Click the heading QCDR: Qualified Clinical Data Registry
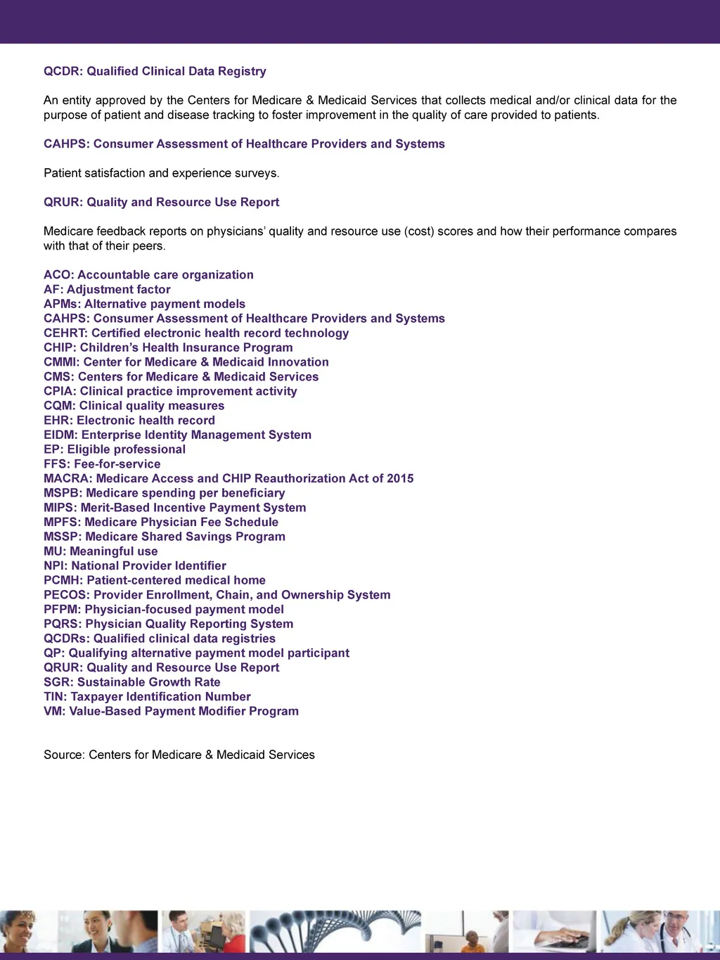point(155,71)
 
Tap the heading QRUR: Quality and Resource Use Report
point(161,202)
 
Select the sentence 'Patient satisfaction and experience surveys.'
point(161,173)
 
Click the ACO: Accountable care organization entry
point(148,275)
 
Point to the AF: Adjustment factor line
point(107,289)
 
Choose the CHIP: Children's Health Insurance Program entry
point(168,347)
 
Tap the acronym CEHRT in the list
point(65,333)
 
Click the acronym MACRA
point(67,478)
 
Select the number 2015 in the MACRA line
point(400,478)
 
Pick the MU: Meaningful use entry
point(101,551)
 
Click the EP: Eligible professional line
point(115,449)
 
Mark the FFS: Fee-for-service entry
point(102,464)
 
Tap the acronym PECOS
point(65,595)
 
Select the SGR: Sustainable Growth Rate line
point(132,682)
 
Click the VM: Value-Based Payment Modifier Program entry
point(171,711)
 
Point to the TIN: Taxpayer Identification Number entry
point(147,697)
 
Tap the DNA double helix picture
point(336,931)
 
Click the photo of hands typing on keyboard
point(554,931)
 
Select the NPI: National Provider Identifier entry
point(135,565)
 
